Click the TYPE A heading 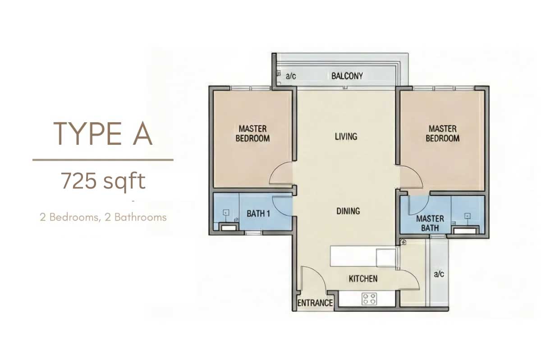click(x=103, y=134)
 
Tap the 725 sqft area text click(x=103, y=181)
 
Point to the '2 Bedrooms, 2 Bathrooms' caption click(x=103, y=217)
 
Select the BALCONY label click(x=347, y=76)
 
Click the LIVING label click(x=346, y=137)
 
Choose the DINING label click(x=348, y=211)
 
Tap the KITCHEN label click(x=363, y=279)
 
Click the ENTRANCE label click(x=315, y=303)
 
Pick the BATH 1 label click(x=258, y=213)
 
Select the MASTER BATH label click(x=430, y=223)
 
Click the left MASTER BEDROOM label click(x=252, y=134)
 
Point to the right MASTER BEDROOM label click(x=442, y=134)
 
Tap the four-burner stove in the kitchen click(x=369, y=299)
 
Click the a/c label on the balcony click(x=291, y=76)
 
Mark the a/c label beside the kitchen click(x=439, y=274)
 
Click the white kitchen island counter click(x=363, y=256)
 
